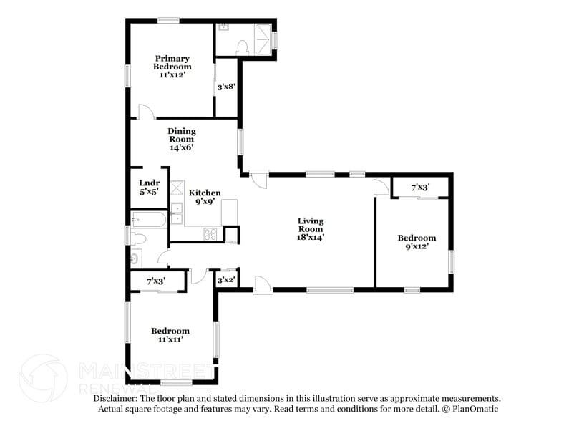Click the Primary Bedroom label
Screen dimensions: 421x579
point(172,66)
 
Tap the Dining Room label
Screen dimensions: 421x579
point(182,139)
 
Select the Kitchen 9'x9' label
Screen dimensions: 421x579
point(204,197)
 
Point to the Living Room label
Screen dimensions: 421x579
point(311,228)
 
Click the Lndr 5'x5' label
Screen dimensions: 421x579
point(149,187)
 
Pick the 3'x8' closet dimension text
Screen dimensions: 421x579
point(226,87)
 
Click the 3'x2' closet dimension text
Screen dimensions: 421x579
point(226,280)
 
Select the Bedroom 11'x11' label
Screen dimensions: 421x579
point(170,335)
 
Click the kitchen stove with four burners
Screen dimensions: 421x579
point(210,233)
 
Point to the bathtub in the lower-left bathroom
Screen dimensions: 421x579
point(149,219)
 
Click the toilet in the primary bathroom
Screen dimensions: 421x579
point(241,47)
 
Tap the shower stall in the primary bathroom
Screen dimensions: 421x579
point(263,40)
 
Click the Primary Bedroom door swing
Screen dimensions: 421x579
point(145,112)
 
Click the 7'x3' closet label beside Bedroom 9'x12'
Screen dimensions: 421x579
point(420,187)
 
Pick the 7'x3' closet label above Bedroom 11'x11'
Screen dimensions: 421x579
point(156,281)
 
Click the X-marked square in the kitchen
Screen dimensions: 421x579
point(177,188)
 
